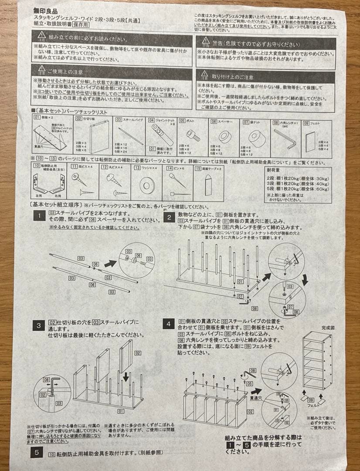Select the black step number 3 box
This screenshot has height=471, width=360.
tap(39, 325)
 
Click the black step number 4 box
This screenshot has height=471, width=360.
tap(169, 324)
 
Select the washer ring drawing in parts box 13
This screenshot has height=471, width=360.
tap(148, 186)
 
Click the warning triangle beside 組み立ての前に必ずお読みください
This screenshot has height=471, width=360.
tap(41, 35)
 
